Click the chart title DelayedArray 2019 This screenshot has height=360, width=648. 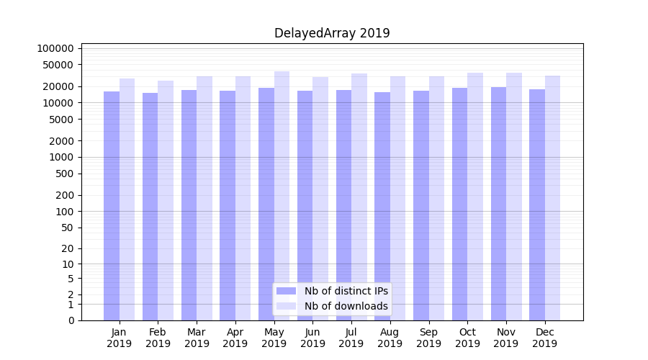(x=332, y=33)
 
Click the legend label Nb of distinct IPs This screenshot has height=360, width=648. (x=346, y=291)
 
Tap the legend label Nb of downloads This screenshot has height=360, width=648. (x=346, y=306)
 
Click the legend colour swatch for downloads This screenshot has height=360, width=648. (x=287, y=306)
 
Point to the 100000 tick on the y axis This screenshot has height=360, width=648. (x=55, y=48)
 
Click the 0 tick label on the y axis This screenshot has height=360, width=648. (x=71, y=320)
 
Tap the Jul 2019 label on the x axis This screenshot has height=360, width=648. (x=351, y=338)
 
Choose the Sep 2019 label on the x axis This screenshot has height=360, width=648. (x=428, y=338)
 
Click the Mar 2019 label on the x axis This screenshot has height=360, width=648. (x=197, y=338)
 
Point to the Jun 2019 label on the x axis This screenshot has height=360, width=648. (x=312, y=338)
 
